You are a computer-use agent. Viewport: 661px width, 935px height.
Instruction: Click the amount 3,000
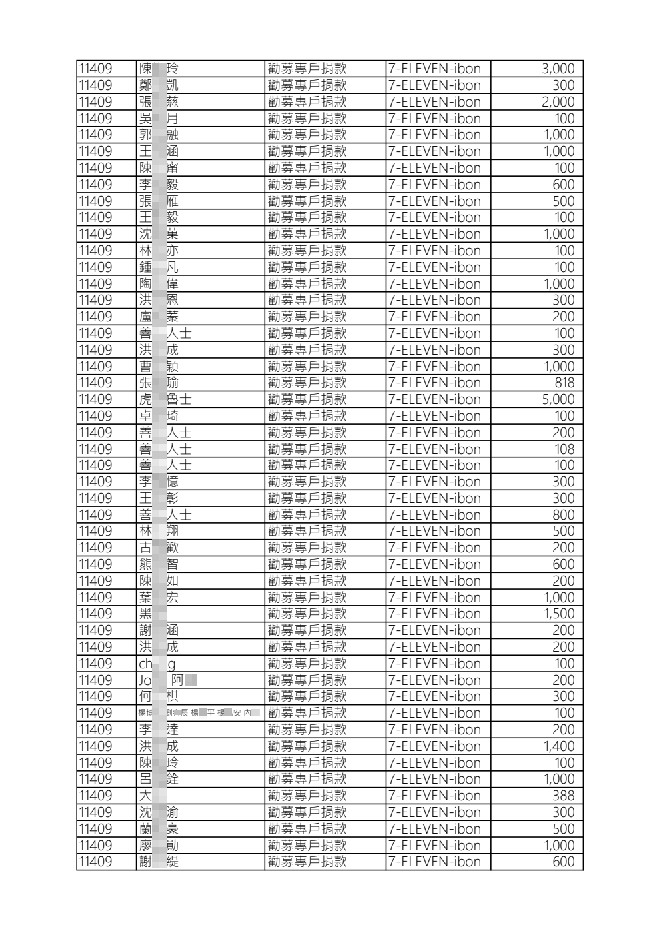click(x=558, y=69)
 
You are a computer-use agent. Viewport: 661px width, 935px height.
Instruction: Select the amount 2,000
click(x=558, y=102)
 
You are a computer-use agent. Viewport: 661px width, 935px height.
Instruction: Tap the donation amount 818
click(x=564, y=383)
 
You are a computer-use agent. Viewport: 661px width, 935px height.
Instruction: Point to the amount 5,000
click(x=558, y=399)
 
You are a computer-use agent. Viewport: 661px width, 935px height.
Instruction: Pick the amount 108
click(x=564, y=449)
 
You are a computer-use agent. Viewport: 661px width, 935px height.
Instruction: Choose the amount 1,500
click(x=558, y=614)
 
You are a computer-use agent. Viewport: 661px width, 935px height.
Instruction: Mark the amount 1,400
click(x=558, y=746)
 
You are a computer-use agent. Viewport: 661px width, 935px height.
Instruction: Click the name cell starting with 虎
click(x=165, y=399)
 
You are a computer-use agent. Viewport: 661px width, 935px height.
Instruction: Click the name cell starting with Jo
click(x=167, y=680)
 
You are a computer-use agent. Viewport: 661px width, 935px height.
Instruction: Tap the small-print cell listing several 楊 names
click(x=199, y=713)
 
